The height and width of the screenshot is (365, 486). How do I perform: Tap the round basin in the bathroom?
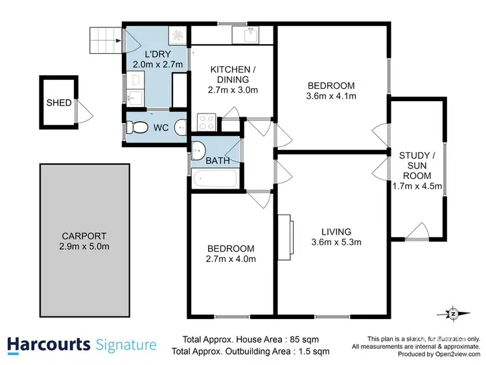200,147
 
